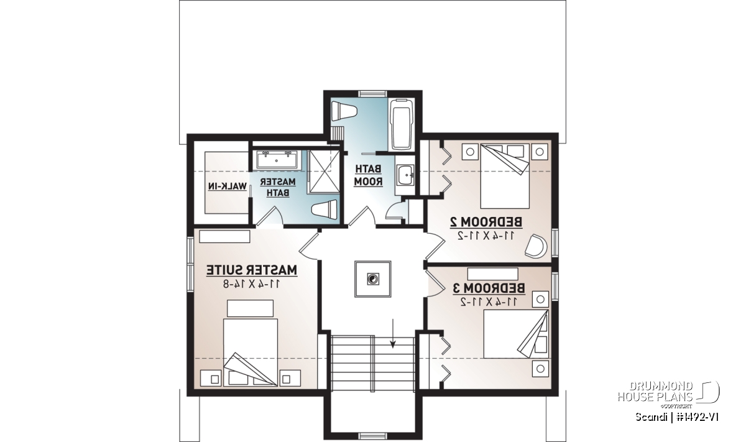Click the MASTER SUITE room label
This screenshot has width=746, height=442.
click(251, 270)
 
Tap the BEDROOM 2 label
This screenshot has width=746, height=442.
click(486, 222)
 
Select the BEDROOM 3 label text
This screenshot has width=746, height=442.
click(489, 288)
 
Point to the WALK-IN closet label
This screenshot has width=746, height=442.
click(228, 186)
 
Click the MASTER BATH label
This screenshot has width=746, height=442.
click(277, 187)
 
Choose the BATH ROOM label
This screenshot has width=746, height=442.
click(368, 175)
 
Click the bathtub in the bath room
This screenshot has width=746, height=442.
click(402, 124)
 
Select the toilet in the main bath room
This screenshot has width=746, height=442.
click(344, 111)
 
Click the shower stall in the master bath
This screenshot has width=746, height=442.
click(324, 172)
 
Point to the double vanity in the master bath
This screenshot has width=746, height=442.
click(277, 159)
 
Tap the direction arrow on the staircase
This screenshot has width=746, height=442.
click(393, 333)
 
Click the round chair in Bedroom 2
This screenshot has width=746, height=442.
click(536, 246)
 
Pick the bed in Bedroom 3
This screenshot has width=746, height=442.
click(515, 334)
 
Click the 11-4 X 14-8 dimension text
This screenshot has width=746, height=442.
click(251, 284)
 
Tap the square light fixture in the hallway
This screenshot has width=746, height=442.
click(372, 279)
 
